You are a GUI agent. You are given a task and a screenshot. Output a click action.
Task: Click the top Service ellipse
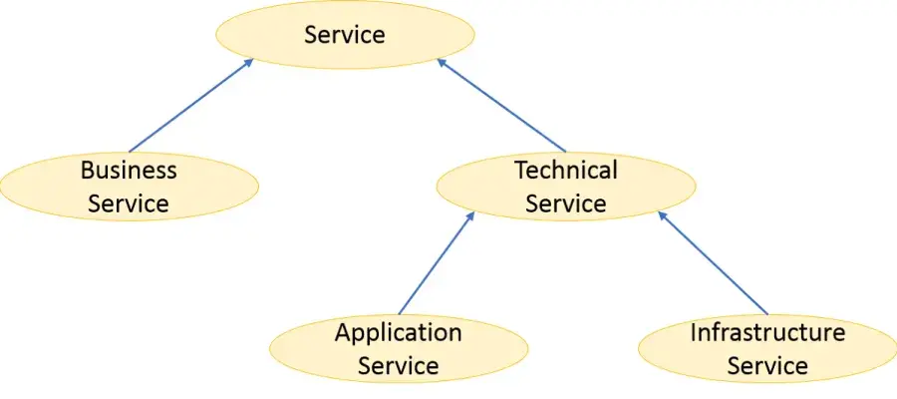(x=345, y=35)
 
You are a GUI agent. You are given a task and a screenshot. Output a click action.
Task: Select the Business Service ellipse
(x=129, y=187)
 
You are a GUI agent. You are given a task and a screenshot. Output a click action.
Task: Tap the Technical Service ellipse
(x=566, y=187)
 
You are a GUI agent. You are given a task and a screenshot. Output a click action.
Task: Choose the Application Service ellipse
(x=399, y=349)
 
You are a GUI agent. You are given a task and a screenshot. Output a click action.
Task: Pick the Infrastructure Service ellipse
(x=767, y=349)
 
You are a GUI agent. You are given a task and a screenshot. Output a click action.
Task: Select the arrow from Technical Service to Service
(x=503, y=105)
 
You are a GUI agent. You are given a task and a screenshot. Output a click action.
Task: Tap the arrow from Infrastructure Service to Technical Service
(x=713, y=262)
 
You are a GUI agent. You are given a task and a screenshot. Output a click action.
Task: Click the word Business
(x=129, y=171)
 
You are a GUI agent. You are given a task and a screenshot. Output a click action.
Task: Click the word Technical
(x=566, y=171)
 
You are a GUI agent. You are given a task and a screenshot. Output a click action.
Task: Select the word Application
(x=399, y=332)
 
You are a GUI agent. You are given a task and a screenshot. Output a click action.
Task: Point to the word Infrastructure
(x=767, y=332)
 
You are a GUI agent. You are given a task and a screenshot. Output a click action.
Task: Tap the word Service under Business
(x=129, y=204)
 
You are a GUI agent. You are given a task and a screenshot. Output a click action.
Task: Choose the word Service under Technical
(x=566, y=204)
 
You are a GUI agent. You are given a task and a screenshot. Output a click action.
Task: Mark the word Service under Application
(x=399, y=366)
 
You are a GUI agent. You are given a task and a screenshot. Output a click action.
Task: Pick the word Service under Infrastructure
(x=767, y=366)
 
